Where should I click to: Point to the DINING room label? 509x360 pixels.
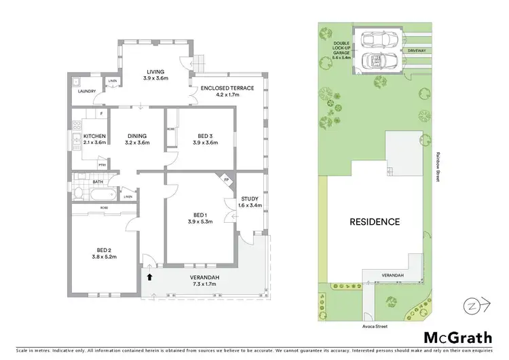(136, 136)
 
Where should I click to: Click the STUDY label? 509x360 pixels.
(249, 198)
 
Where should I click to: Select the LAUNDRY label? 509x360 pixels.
(86, 90)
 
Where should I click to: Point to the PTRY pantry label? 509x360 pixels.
(102, 165)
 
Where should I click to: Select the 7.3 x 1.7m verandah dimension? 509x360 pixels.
(204, 285)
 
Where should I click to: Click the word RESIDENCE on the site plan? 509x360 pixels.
(375, 221)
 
